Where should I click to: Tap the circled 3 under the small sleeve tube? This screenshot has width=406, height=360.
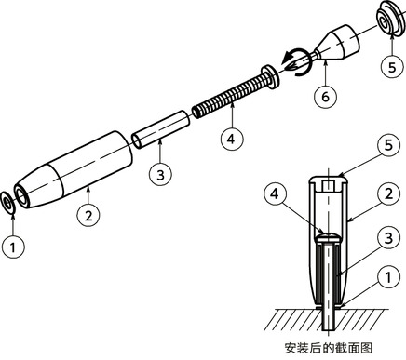pyautogui.click(x=160, y=174)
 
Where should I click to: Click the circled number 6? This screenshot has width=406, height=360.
pyautogui.click(x=323, y=96)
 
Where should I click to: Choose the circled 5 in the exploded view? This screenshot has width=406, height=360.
pyautogui.click(x=392, y=67)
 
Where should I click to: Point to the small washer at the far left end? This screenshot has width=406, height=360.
pyautogui.click(x=8, y=199)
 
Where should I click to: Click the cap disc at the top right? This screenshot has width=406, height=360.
pyautogui.click(x=388, y=20)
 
